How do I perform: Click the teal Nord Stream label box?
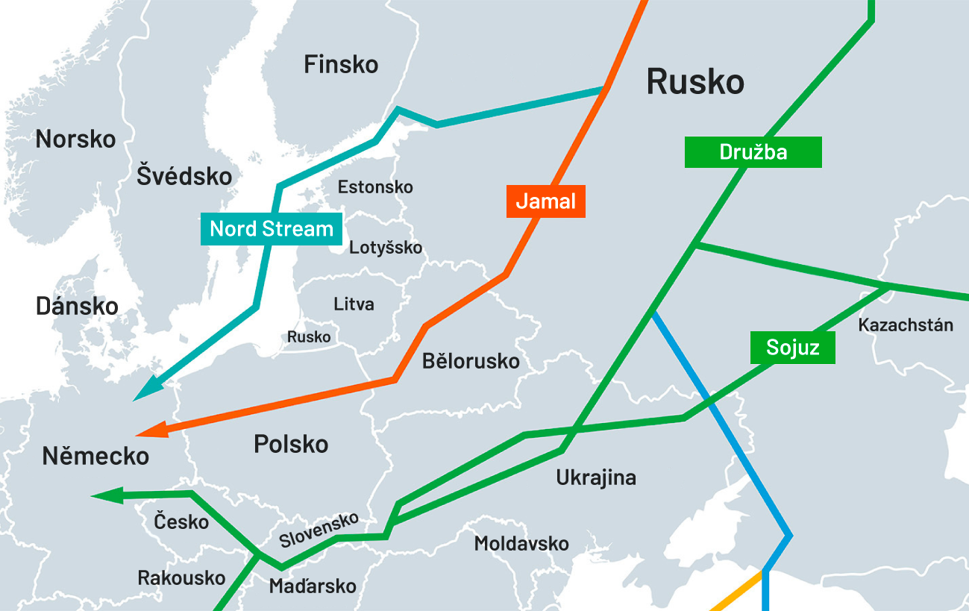click(272, 229)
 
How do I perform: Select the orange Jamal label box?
click(546, 201)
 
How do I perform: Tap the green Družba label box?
click(753, 152)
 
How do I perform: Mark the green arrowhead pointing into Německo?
click(105, 495)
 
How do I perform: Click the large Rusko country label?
click(694, 81)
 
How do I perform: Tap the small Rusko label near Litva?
click(309, 337)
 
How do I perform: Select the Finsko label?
click(341, 65)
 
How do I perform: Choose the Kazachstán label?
click(906, 325)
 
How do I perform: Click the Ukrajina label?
click(596, 477)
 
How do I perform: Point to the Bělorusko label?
click(471, 362)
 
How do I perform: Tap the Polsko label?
click(291, 445)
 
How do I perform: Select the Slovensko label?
click(319, 530)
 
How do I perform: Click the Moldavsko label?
click(521, 543)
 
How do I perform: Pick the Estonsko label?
click(375, 187)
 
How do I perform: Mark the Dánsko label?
click(77, 307)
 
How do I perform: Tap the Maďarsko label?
click(313, 586)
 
